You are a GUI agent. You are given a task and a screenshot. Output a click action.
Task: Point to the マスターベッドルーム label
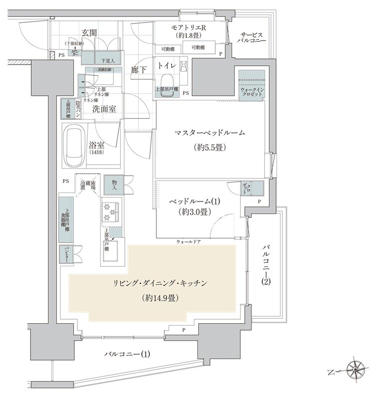[209, 133]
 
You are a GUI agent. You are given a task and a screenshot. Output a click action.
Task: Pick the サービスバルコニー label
[253, 36]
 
